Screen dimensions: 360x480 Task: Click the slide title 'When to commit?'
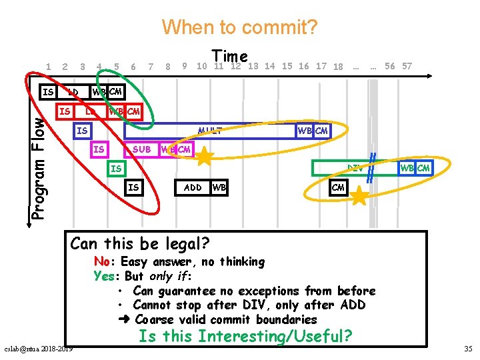click(x=240, y=27)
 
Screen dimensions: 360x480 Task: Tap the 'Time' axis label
click(x=230, y=57)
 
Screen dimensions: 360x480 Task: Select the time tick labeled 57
click(x=407, y=66)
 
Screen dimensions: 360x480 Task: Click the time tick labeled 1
click(x=49, y=66)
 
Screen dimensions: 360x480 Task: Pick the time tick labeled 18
click(x=338, y=67)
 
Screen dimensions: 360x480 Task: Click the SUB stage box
click(x=141, y=149)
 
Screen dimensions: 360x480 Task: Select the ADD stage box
click(x=193, y=187)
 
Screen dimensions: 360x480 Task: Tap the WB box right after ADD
click(x=219, y=187)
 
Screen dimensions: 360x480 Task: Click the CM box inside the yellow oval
click(x=338, y=187)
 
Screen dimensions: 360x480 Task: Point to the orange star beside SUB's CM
click(x=205, y=157)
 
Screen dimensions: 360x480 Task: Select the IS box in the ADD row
click(x=133, y=187)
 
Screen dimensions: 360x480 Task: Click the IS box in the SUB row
click(x=99, y=149)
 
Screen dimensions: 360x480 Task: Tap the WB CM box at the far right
click(x=414, y=168)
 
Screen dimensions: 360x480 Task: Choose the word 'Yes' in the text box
click(x=104, y=276)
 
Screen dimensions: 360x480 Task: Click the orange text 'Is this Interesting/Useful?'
click(x=245, y=336)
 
